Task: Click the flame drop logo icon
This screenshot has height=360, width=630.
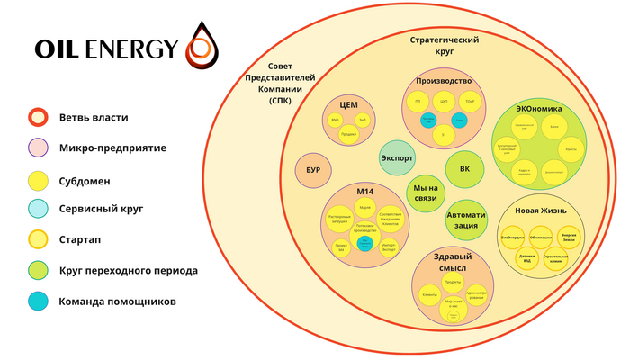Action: pos(202,44)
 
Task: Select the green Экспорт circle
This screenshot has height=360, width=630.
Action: pos(397,157)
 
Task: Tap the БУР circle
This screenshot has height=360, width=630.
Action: pos(313,170)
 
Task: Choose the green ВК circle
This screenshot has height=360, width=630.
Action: pos(464,168)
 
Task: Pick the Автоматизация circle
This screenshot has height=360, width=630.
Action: pos(465,220)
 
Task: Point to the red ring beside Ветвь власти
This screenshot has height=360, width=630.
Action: pos(37,118)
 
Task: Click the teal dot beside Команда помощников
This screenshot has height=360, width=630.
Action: pos(37,301)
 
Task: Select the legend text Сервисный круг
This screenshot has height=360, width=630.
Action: pos(101,209)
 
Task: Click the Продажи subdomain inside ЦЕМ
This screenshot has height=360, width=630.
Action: pos(349,134)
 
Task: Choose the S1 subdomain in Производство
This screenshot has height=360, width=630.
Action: pos(444,135)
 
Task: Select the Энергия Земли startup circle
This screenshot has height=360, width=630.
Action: pos(568,236)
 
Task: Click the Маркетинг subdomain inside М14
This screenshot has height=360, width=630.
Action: pos(365,207)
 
